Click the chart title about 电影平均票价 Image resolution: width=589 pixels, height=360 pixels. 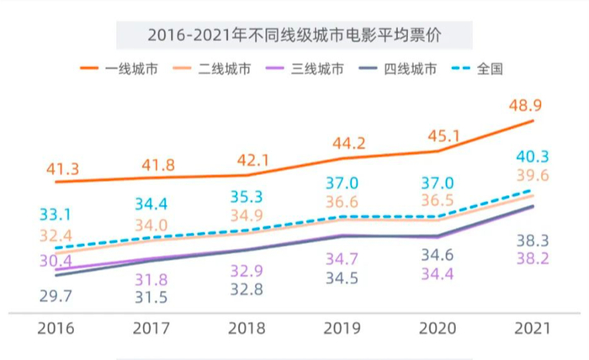[x=294, y=35]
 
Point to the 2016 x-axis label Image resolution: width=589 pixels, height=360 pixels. [x=56, y=328]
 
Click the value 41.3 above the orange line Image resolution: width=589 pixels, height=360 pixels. [x=61, y=170]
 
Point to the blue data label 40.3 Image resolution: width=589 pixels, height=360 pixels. [x=532, y=156]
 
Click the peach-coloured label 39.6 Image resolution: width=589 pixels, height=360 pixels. [x=532, y=175]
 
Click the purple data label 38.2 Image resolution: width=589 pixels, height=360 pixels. [x=532, y=259]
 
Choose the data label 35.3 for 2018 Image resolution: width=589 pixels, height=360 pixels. [x=247, y=198]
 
